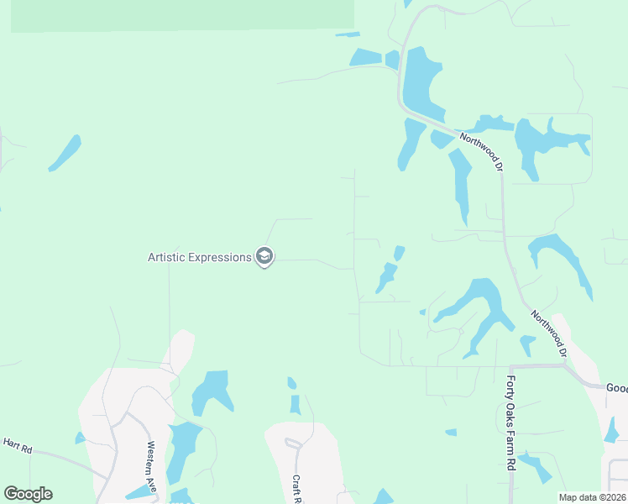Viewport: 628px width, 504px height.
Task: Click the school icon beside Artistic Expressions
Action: click(x=264, y=256)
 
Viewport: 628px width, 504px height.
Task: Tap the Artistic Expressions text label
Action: click(x=200, y=257)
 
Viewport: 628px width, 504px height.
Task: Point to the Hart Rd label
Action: click(x=17, y=445)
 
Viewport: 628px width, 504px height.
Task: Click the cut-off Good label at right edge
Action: click(x=616, y=388)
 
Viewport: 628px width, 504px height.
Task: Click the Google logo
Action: click(x=28, y=494)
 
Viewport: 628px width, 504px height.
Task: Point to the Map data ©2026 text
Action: click(x=592, y=496)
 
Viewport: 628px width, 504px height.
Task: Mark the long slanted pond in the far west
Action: click(x=65, y=153)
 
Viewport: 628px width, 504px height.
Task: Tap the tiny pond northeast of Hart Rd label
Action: click(x=81, y=438)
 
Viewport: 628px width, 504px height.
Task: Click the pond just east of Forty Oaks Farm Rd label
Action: click(x=535, y=465)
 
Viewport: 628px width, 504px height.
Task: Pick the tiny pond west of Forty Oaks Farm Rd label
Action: click(x=451, y=433)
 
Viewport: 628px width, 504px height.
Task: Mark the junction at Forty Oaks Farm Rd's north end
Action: click(x=510, y=367)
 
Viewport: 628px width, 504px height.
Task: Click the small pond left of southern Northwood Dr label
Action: click(x=527, y=344)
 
